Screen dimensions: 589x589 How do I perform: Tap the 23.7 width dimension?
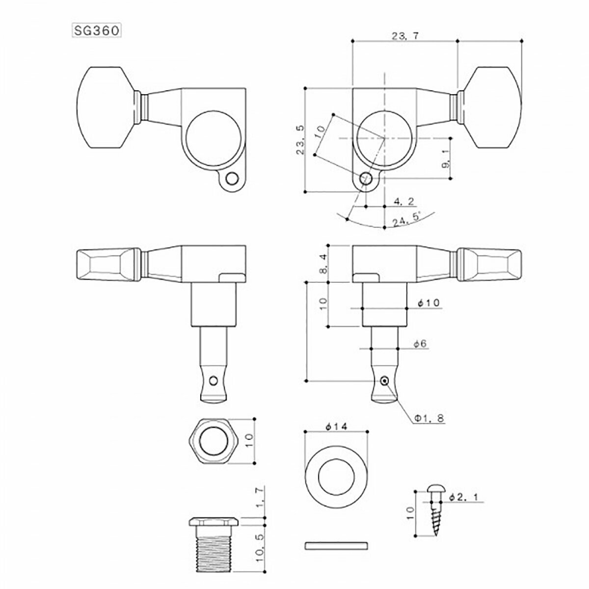(x=404, y=35)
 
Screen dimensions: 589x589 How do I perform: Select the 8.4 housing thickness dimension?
(x=322, y=264)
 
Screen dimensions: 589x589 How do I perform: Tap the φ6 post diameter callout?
(x=421, y=345)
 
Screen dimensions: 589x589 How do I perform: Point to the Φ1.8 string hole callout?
(x=428, y=418)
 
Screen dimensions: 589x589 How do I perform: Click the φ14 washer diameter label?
(x=336, y=427)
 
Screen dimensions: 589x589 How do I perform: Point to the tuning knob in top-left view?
(x=107, y=107)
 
